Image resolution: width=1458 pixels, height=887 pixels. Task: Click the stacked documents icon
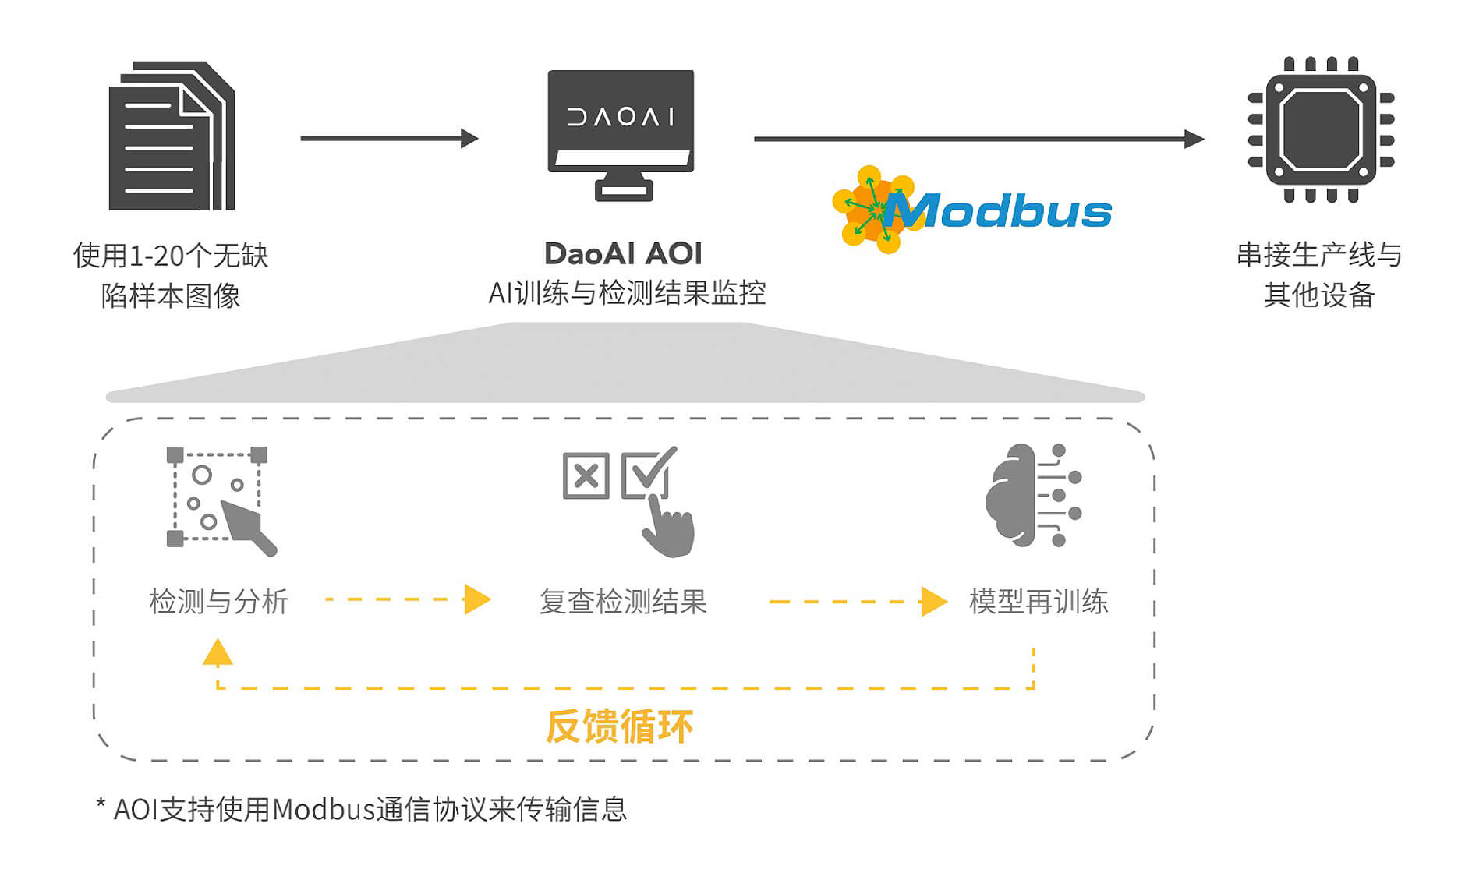(x=172, y=136)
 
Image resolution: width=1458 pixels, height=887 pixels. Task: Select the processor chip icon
(x=1321, y=129)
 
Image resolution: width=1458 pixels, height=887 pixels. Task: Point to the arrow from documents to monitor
(x=388, y=139)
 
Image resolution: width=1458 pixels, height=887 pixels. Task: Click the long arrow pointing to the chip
(x=978, y=139)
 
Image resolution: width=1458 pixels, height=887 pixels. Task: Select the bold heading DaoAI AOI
(x=623, y=254)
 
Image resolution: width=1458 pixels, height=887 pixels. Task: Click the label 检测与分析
(x=219, y=602)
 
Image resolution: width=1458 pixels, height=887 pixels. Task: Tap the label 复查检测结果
(x=623, y=602)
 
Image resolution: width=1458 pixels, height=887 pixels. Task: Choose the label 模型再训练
(x=1038, y=602)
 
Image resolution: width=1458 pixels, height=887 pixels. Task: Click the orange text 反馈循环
(x=619, y=726)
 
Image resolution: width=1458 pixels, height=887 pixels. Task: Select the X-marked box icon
(x=586, y=475)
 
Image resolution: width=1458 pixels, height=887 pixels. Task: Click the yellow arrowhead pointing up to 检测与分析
(x=218, y=652)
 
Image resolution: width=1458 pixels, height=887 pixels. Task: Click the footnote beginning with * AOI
(x=362, y=809)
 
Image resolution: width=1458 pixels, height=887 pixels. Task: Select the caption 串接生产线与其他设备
(x=1319, y=274)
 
